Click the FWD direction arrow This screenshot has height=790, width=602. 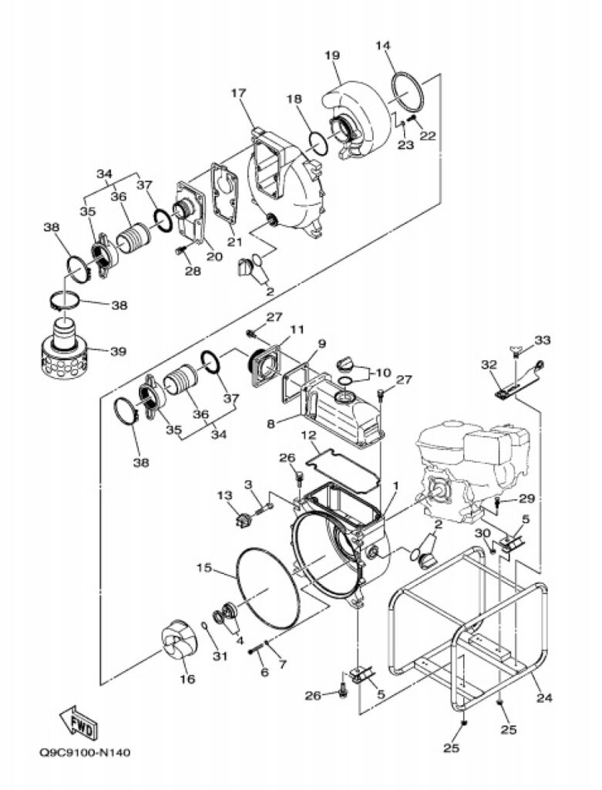[77, 722]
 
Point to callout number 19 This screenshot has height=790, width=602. [332, 55]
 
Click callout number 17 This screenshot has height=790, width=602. [239, 93]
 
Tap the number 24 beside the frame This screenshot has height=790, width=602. [545, 698]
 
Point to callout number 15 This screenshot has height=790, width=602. [203, 568]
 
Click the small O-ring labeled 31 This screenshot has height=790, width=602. [204, 626]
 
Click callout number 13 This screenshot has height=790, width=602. [224, 496]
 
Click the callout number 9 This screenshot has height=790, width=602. [321, 343]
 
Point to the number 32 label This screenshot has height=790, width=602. [489, 364]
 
